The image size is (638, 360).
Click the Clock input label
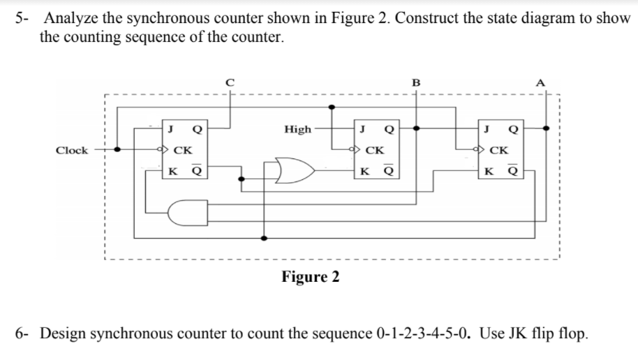tap(73, 150)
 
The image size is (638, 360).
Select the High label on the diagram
tap(298, 129)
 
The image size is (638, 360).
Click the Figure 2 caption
tap(311, 277)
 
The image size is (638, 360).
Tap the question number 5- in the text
tap(23, 18)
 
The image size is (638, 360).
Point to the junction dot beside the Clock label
tap(118, 149)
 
